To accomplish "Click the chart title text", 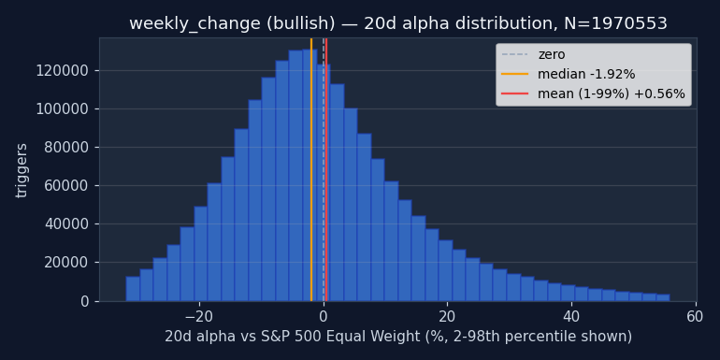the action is point(398,23).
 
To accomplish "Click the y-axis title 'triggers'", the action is point(22,171).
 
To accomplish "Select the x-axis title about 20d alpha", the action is point(398,337).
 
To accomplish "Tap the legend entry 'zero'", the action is point(552,54).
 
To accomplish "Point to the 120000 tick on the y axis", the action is point(64,71).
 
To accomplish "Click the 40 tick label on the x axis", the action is point(571,317).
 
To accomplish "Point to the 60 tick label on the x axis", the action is point(696,317).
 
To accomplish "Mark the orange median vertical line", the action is point(311,169).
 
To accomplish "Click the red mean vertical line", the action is point(326,169).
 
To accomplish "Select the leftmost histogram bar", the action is point(133,289).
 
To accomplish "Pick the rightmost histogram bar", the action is point(663,297).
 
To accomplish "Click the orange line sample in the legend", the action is point(514,74).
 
